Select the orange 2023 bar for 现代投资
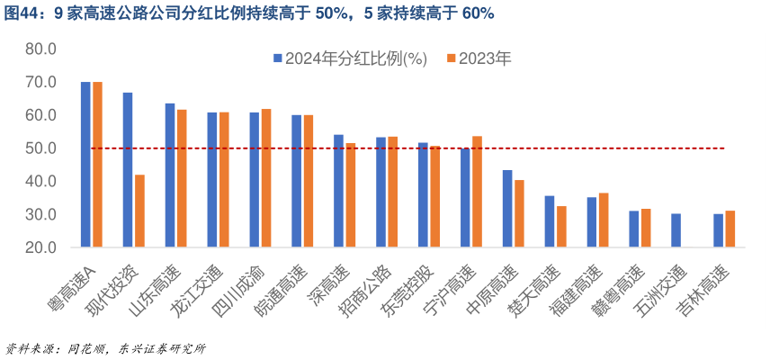coord(139,211)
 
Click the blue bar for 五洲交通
coord(676,230)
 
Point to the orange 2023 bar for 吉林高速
coord(730,229)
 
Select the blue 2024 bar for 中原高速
coord(507,208)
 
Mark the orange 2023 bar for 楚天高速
coord(561,226)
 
